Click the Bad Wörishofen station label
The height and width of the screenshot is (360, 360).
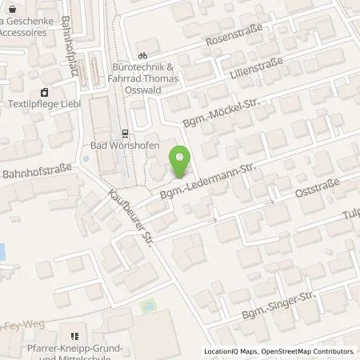pos(123,147)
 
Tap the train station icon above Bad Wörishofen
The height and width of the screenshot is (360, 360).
pos(124,133)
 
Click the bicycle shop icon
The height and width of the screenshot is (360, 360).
pos(142,56)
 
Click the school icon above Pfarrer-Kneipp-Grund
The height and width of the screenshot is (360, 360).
pos(74,337)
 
